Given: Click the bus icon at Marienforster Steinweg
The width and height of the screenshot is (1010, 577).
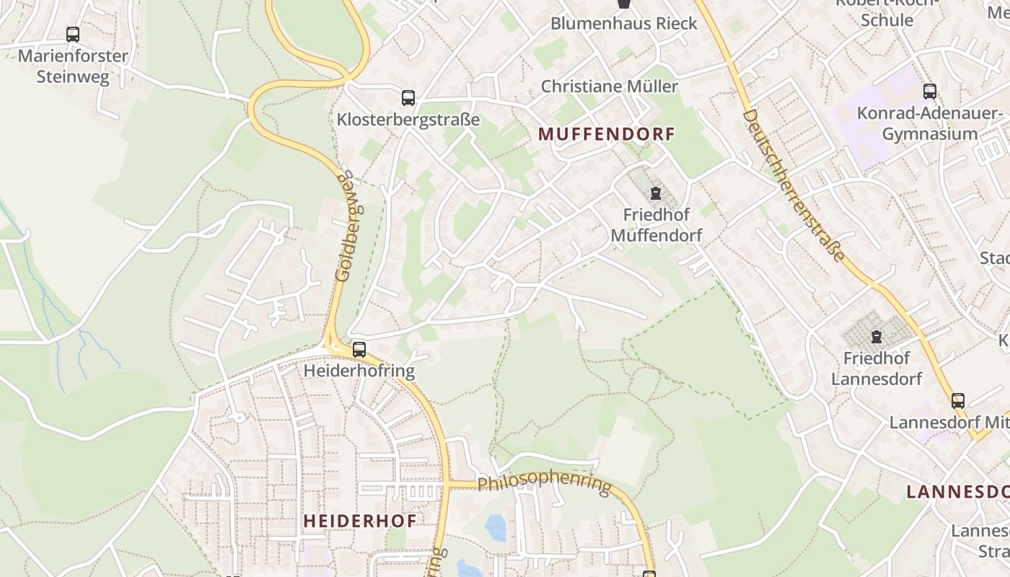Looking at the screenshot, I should click(x=73, y=34).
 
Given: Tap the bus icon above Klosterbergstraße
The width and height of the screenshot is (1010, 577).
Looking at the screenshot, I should click(x=408, y=97).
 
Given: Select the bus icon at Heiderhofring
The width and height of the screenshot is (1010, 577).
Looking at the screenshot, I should click(x=359, y=350).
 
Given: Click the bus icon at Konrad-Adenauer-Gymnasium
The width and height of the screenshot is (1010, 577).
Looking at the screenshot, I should click(x=930, y=92).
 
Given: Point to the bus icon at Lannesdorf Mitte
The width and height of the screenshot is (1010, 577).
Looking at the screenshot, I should click(x=958, y=401).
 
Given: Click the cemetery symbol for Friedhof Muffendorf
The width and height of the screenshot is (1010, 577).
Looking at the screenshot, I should click(x=655, y=193).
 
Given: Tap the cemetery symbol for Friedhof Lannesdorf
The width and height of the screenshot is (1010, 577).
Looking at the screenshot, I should click(x=877, y=337).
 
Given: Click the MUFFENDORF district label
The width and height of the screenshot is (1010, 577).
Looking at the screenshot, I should click(x=607, y=134).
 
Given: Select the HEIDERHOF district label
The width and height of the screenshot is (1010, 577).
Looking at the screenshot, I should click(x=359, y=521).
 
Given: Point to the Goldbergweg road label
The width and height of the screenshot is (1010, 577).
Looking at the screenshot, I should click(x=349, y=226).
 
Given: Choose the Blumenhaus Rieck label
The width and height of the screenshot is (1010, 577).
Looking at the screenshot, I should click(x=624, y=23).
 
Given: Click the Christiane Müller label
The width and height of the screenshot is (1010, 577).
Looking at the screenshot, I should click(x=610, y=87).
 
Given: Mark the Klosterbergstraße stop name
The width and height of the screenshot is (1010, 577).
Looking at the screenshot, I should click(x=408, y=119).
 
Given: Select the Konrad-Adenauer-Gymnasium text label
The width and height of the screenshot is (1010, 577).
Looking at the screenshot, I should click(x=930, y=123).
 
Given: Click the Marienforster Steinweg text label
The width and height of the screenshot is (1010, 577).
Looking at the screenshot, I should click(x=73, y=66).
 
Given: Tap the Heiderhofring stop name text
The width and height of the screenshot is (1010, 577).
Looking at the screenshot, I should click(x=359, y=371).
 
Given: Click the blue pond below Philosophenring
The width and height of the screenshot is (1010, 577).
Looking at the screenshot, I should click(x=496, y=527).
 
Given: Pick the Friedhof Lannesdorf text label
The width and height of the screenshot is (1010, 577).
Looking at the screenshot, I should click(x=877, y=368).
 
